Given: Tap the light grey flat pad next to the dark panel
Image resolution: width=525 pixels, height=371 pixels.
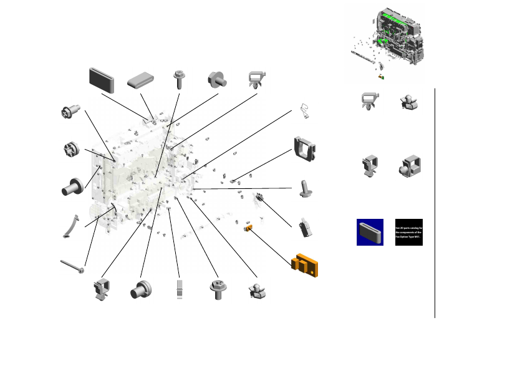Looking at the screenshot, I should (140, 80).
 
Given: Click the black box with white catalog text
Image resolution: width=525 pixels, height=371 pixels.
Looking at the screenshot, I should (409, 232).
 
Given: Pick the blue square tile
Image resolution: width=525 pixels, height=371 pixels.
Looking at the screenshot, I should (370, 232).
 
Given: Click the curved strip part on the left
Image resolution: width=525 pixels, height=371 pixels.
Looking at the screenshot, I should (70, 225).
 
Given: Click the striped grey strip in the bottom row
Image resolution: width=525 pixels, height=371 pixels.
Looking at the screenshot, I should (179, 289).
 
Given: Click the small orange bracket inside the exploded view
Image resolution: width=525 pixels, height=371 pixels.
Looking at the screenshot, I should (248, 228).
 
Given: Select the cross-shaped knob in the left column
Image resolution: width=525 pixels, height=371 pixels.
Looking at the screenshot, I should (70, 150).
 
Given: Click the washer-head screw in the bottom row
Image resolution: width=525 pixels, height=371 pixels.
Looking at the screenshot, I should (218, 290).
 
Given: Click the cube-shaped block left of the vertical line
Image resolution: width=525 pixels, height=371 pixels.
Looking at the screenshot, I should (409, 165).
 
